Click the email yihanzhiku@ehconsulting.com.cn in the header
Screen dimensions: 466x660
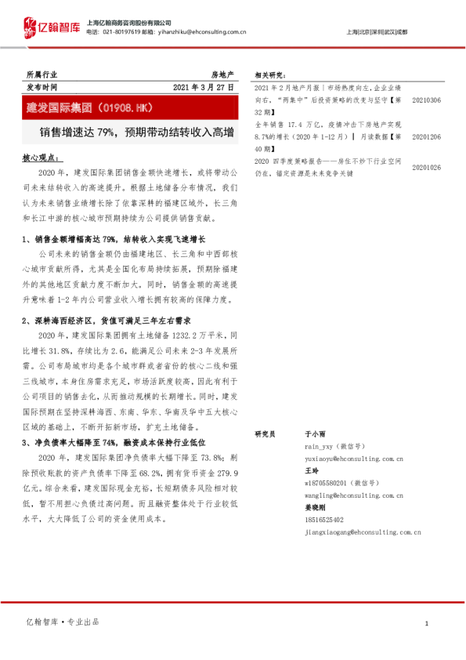[x=201, y=32]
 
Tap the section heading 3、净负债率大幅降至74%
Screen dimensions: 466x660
[x=107, y=442]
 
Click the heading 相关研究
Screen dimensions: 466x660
[x=269, y=75]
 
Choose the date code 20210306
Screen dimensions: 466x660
[x=426, y=100]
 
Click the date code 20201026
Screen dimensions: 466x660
[x=426, y=167]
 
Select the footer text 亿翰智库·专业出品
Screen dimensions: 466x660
[x=63, y=622]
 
